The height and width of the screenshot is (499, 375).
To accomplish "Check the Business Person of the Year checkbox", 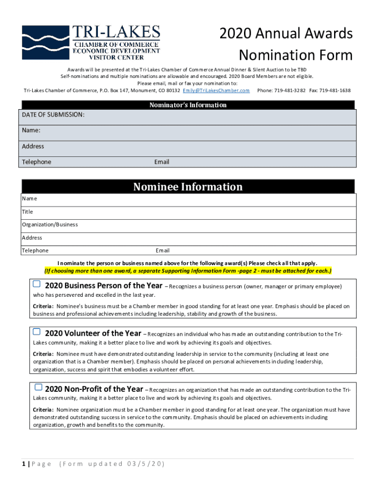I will tap(37, 284).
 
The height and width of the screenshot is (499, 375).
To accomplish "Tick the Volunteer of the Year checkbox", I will tap(37, 332).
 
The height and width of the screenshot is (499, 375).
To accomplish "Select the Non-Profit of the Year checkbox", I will tap(38, 387).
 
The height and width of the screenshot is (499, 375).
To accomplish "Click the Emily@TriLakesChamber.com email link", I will tap(216, 91).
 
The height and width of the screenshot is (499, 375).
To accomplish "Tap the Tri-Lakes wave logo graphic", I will tap(45, 42).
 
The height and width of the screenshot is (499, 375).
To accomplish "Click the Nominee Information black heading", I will tap(187, 187).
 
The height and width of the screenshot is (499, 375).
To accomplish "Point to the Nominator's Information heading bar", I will tap(187, 105).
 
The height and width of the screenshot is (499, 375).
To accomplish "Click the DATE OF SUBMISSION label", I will tap(53, 115).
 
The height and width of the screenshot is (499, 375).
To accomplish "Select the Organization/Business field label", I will tap(50, 225).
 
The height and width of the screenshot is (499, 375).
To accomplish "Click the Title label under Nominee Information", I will tap(27, 212).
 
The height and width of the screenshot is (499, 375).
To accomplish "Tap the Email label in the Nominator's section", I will tap(162, 162).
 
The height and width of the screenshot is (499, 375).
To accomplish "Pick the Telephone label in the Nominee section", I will tap(35, 250).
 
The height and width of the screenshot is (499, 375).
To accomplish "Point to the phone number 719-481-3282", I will tap(290, 91).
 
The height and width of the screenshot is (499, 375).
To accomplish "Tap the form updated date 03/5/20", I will tap(144, 464).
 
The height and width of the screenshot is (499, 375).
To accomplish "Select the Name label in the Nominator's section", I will tap(31, 131).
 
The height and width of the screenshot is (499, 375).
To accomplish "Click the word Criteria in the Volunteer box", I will tap(43, 354).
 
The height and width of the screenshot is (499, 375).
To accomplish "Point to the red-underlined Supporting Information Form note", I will tap(187, 270).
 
